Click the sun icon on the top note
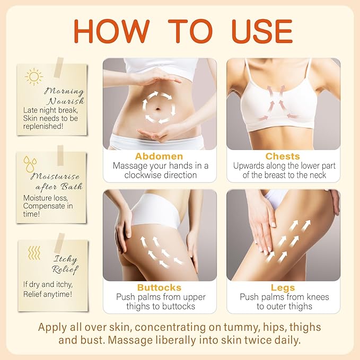click(34, 77)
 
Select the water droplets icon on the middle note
click(30, 163)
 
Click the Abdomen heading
click(159, 156)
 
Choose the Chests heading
click(283, 156)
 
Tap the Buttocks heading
click(159, 288)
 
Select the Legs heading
click(283, 288)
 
